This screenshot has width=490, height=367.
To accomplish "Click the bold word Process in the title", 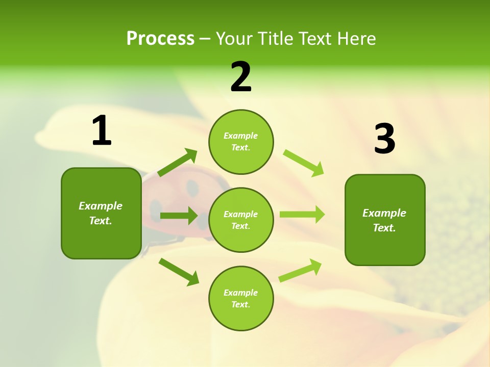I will coord(160,39).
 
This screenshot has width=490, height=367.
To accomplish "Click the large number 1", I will coord(102,131).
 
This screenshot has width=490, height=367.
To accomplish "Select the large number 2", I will coord(241,77).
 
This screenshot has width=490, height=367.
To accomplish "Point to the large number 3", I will coord(384,139).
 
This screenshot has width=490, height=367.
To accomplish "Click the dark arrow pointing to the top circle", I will coord(177,163).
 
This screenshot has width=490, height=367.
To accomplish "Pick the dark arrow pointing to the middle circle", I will coord(178,216).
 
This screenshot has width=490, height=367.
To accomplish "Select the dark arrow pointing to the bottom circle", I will coord(179,272).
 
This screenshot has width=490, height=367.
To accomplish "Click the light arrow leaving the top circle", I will coord(303,163).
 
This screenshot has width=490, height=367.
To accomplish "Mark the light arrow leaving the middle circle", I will coord(302,215).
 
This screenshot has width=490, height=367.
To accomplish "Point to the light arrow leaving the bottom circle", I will coord(300,271).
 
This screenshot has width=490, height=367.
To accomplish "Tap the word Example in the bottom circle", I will coord(241,293).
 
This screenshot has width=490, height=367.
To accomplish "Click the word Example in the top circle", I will coord(241,136).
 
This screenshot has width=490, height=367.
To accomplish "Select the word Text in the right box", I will coord(383,228).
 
